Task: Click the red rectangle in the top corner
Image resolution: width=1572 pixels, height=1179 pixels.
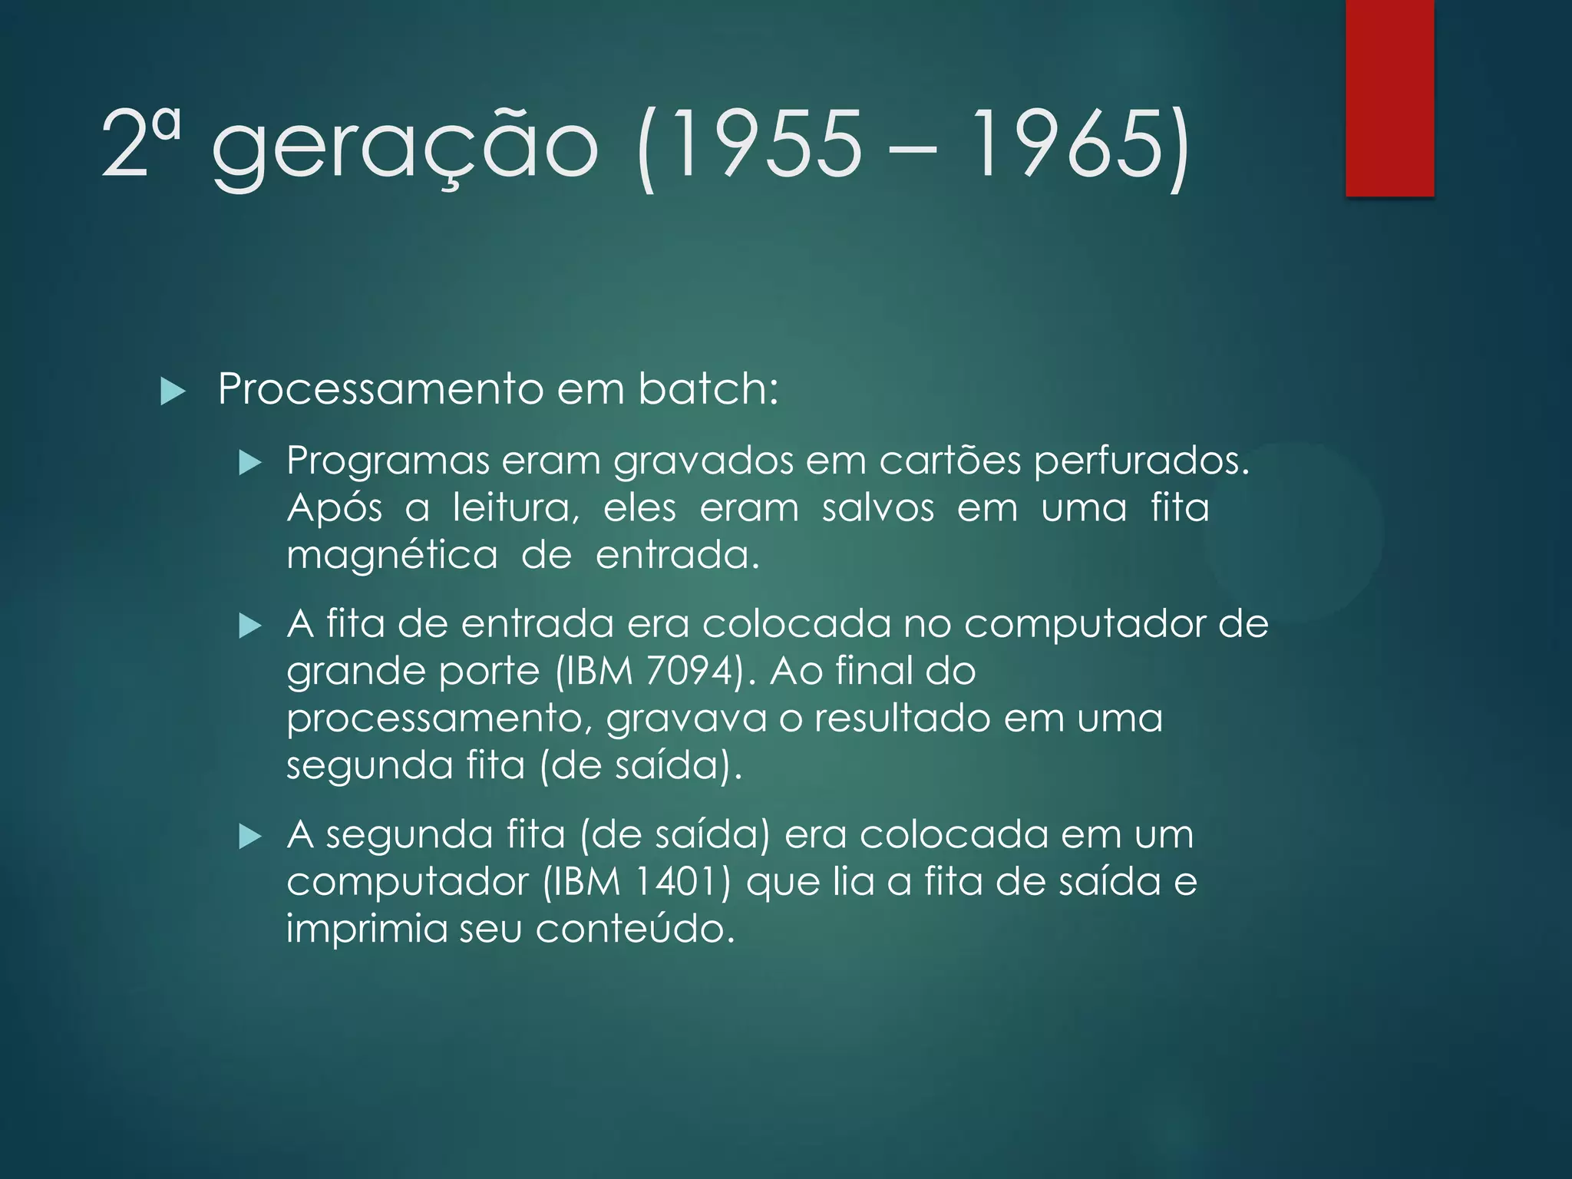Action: tap(1389, 97)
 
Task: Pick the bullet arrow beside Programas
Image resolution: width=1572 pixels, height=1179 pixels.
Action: tap(250, 463)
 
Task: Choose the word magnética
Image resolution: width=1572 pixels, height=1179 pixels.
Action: tap(392, 556)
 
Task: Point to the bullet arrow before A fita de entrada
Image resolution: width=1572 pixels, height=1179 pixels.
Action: tap(250, 626)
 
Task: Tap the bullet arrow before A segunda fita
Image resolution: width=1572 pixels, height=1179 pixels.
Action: tap(250, 837)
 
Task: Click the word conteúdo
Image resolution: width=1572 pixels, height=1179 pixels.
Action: tap(634, 929)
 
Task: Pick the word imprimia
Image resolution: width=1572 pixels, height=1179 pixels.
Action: tap(366, 929)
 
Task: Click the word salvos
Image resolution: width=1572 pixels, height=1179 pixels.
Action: tap(877, 508)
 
